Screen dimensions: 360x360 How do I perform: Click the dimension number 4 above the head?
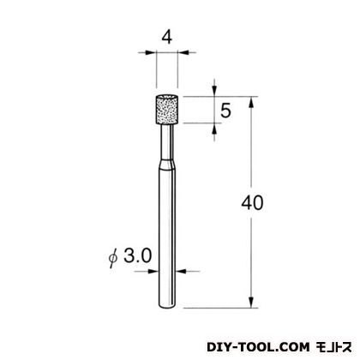(167, 38)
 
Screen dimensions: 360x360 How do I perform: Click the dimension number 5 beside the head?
(225, 111)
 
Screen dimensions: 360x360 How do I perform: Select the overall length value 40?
(252, 203)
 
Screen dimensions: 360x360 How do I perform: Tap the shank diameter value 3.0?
(138, 255)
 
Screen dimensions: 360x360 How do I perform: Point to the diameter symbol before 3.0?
(113, 257)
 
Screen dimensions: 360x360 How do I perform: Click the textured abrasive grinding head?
(167, 110)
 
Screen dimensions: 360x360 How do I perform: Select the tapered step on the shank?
(167, 165)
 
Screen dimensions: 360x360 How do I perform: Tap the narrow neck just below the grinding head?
(167, 142)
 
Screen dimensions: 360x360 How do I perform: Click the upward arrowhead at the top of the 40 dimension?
(251, 102)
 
